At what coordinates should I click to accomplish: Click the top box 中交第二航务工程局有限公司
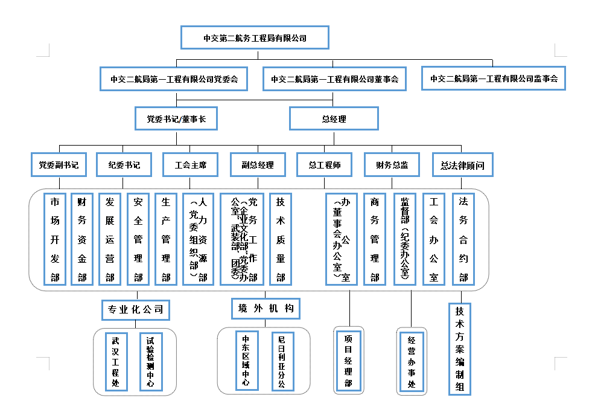(x=255, y=37)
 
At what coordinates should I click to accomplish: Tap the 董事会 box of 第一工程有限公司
(x=334, y=79)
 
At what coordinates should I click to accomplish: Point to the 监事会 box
(x=493, y=79)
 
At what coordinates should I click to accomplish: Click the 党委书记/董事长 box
(x=176, y=119)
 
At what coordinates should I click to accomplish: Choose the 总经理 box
(x=334, y=119)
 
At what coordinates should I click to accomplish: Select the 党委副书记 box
(x=59, y=164)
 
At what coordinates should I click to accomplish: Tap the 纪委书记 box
(x=123, y=164)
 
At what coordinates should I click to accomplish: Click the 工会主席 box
(x=190, y=164)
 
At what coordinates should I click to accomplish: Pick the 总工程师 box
(x=325, y=164)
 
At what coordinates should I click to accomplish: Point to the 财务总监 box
(x=392, y=164)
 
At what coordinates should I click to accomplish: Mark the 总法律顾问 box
(x=462, y=164)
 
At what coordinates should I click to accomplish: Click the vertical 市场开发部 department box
(x=55, y=239)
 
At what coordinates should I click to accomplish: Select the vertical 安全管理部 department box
(x=138, y=239)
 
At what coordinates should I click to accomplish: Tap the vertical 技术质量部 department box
(x=281, y=239)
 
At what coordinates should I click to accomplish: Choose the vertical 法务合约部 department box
(x=463, y=239)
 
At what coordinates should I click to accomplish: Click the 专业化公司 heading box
(x=135, y=310)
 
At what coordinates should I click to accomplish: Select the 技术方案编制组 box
(x=460, y=349)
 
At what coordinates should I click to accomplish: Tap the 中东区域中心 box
(x=246, y=361)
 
